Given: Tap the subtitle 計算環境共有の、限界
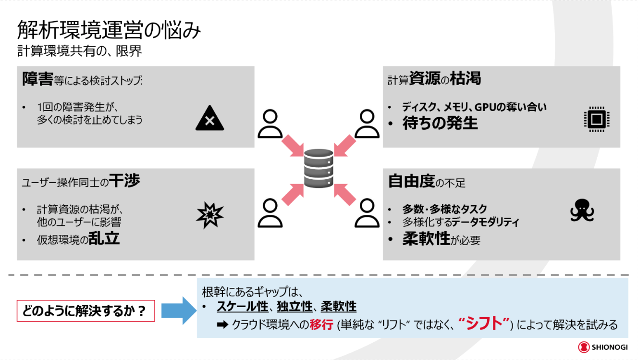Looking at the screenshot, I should click(x=80, y=51).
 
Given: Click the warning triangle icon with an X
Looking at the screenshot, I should click(x=210, y=119).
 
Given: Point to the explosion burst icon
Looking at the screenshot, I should click(x=210, y=215).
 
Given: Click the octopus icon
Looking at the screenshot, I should click(x=582, y=211).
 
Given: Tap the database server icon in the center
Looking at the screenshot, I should click(x=319, y=168).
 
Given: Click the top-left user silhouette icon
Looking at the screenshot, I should click(x=270, y=124).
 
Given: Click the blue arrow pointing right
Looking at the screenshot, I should click(x=178, y=311).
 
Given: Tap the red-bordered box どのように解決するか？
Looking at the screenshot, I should click(x=86, y=311).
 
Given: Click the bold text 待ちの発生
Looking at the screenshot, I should click(x=440, y=124).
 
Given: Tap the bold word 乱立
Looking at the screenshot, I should click(x=104, y=238).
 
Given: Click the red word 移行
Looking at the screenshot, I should click(x=321, y=325).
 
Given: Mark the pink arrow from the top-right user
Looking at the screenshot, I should click(x=344, y=144).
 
